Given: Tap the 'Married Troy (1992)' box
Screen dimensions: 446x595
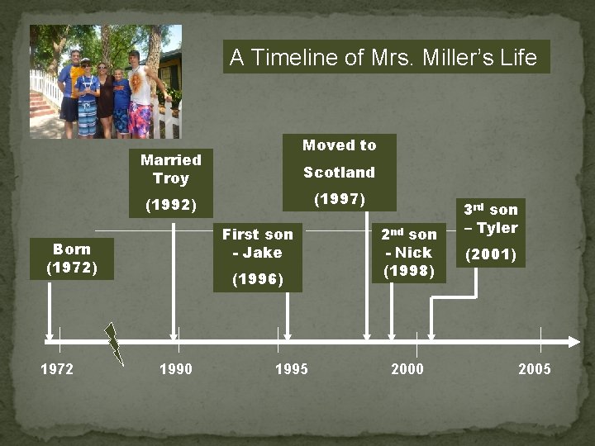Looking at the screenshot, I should pyautogui.click(x=171, y=181).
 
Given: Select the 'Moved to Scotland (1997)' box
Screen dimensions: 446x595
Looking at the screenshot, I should pyautogui.click(x=339, y=172).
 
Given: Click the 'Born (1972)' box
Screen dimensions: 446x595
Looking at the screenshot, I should pyautogui.click(x=72, y=258).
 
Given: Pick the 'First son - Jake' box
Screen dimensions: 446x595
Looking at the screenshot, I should pyautogui.click(x=257, y=257).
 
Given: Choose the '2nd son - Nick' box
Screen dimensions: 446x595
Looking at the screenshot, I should pyautogui.click(x=408, y=252).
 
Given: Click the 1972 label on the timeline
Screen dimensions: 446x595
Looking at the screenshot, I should pyautogui.click(x=57, y=369).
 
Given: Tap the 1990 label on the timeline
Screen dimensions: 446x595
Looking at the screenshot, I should pyautogui.click(x=175, y=369).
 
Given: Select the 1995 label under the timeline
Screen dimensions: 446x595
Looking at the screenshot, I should pyautogui.click(x=291, y=369).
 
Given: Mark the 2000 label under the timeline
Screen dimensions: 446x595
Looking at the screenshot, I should pyautogui.click(x=407, y=369).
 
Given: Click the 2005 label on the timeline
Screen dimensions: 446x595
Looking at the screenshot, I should pyautogui.click(x=534, y=369).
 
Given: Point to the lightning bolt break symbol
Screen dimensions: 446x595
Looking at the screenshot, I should pyautogui.click(x=114, y=343).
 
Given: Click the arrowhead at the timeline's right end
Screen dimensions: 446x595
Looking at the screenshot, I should pyautogui.click(x=574, y=340).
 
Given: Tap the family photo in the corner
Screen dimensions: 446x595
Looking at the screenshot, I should pyautogui.click(x=105, y=81).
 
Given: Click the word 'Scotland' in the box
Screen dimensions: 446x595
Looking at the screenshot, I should pyautogui.click(x=339, y=173).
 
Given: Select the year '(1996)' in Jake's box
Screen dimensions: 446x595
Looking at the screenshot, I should pyautogui.click(x=257, y=280).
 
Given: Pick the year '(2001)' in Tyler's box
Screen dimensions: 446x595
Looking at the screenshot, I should pyautogui.click(x=490, y=255).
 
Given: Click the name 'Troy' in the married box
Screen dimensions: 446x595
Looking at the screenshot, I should pyautogui.click(x=171, y=178).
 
